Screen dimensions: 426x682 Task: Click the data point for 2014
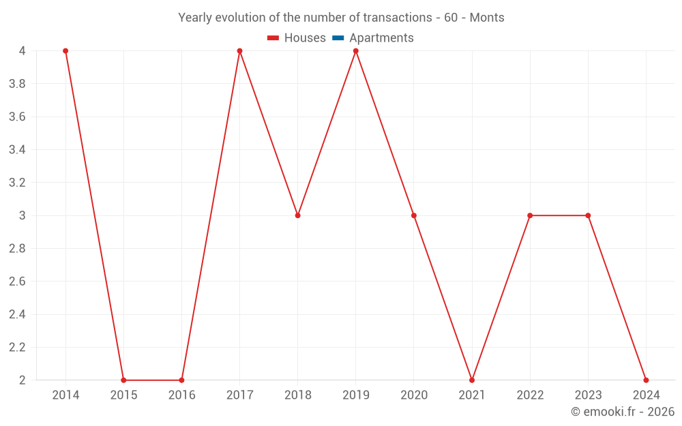coord(65,51)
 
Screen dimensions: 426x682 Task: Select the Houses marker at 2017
coord(239,51)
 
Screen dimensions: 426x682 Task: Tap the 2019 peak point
coord(356,51)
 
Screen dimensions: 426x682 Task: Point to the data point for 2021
coord(472,380)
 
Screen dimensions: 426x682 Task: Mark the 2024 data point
coord(646,380)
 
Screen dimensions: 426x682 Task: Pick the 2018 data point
coord(298,215)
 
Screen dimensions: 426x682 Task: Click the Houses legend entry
coord(297,38)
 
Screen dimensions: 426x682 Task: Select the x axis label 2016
coord(181,395)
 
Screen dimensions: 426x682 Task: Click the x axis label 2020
coord(414,395)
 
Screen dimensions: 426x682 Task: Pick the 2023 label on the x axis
coord(588,395)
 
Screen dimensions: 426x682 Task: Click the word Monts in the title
coord(487,18)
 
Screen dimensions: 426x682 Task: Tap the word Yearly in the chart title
coord(194,18)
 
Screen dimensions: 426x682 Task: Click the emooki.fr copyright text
coord(623,412)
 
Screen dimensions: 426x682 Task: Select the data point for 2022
coord(530,215)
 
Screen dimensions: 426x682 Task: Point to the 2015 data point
coord(123,380)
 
